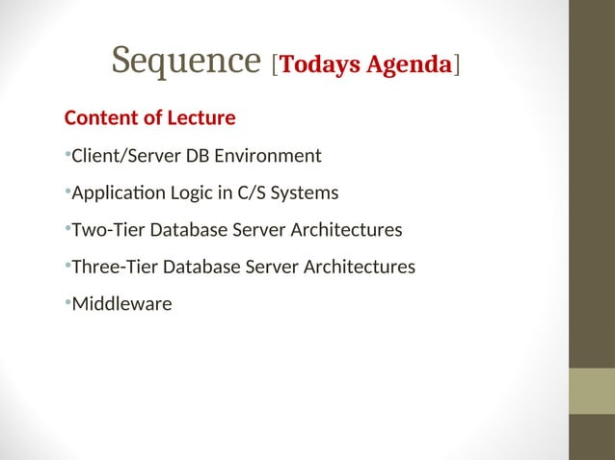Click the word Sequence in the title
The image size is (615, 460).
186,61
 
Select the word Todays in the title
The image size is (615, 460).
322,64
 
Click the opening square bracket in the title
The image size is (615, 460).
276,65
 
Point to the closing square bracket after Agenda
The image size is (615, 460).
457,65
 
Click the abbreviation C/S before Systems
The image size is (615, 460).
238,193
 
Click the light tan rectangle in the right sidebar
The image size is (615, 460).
592,391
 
